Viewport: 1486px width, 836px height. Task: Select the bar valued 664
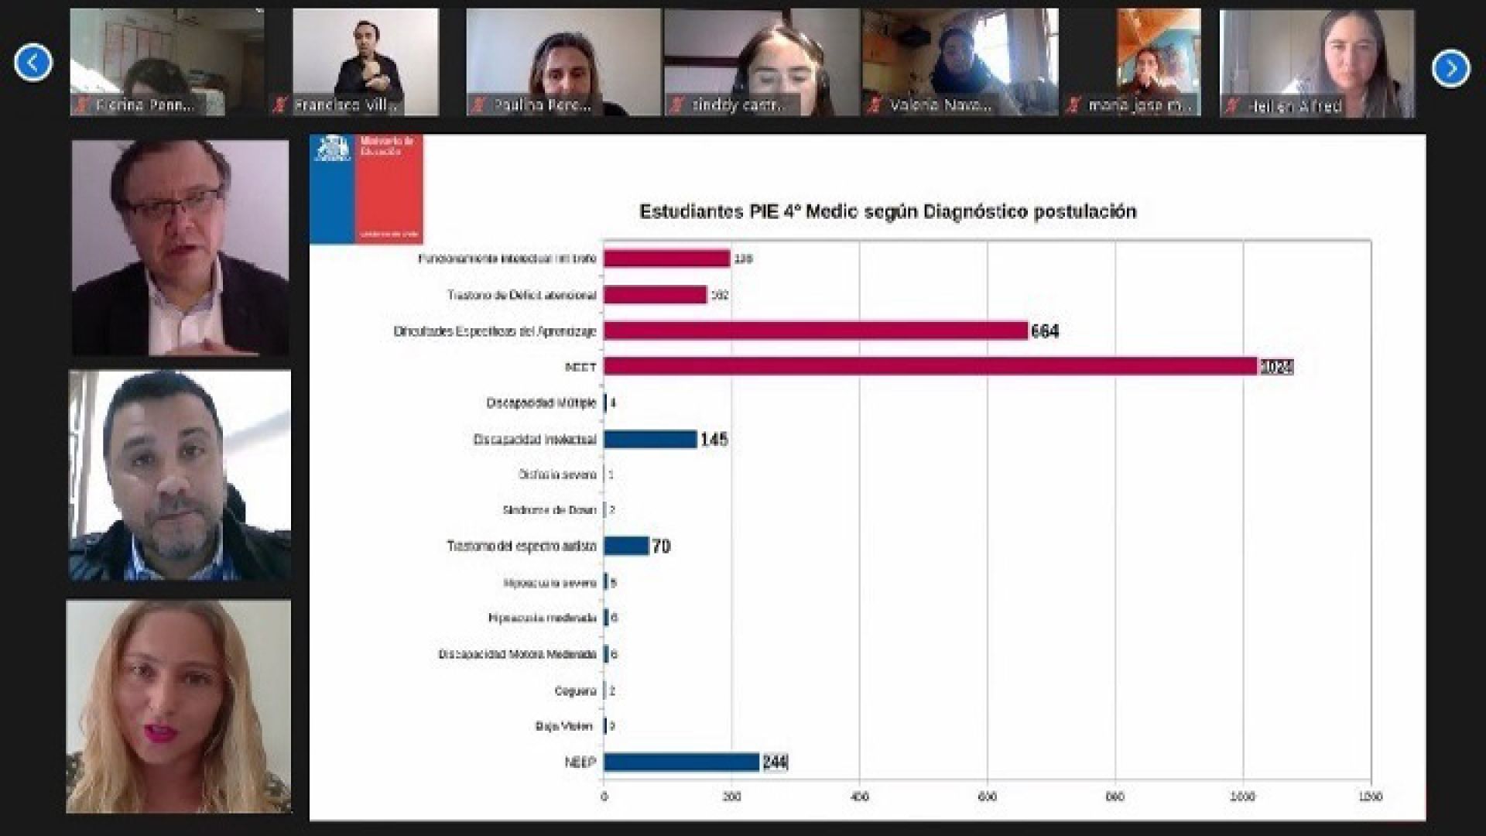pos(816,331)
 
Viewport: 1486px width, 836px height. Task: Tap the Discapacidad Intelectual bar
pos(650,439)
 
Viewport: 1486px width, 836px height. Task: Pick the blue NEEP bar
pos(681,762)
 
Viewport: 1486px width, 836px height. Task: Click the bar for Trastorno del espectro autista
pos(626,546)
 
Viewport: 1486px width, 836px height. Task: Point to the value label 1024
pos(1276,366)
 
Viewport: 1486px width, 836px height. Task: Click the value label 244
pos(775,762)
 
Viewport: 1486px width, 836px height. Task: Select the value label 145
pos(714,440)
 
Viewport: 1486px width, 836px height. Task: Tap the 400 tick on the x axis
pos(859,796)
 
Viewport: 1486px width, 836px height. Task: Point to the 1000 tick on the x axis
pos(1243,796)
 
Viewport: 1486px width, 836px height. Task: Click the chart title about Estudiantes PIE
pos(888,211)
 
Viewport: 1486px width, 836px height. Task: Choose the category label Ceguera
pos(575,690)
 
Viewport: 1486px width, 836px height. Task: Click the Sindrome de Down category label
pos(550,510)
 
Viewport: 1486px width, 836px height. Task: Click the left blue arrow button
pos(33,63)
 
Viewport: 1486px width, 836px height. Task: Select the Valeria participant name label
pos(940,104)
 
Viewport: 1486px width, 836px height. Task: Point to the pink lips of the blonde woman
pos(161,731)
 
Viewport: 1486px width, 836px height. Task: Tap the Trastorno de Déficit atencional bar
pos(655,295)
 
